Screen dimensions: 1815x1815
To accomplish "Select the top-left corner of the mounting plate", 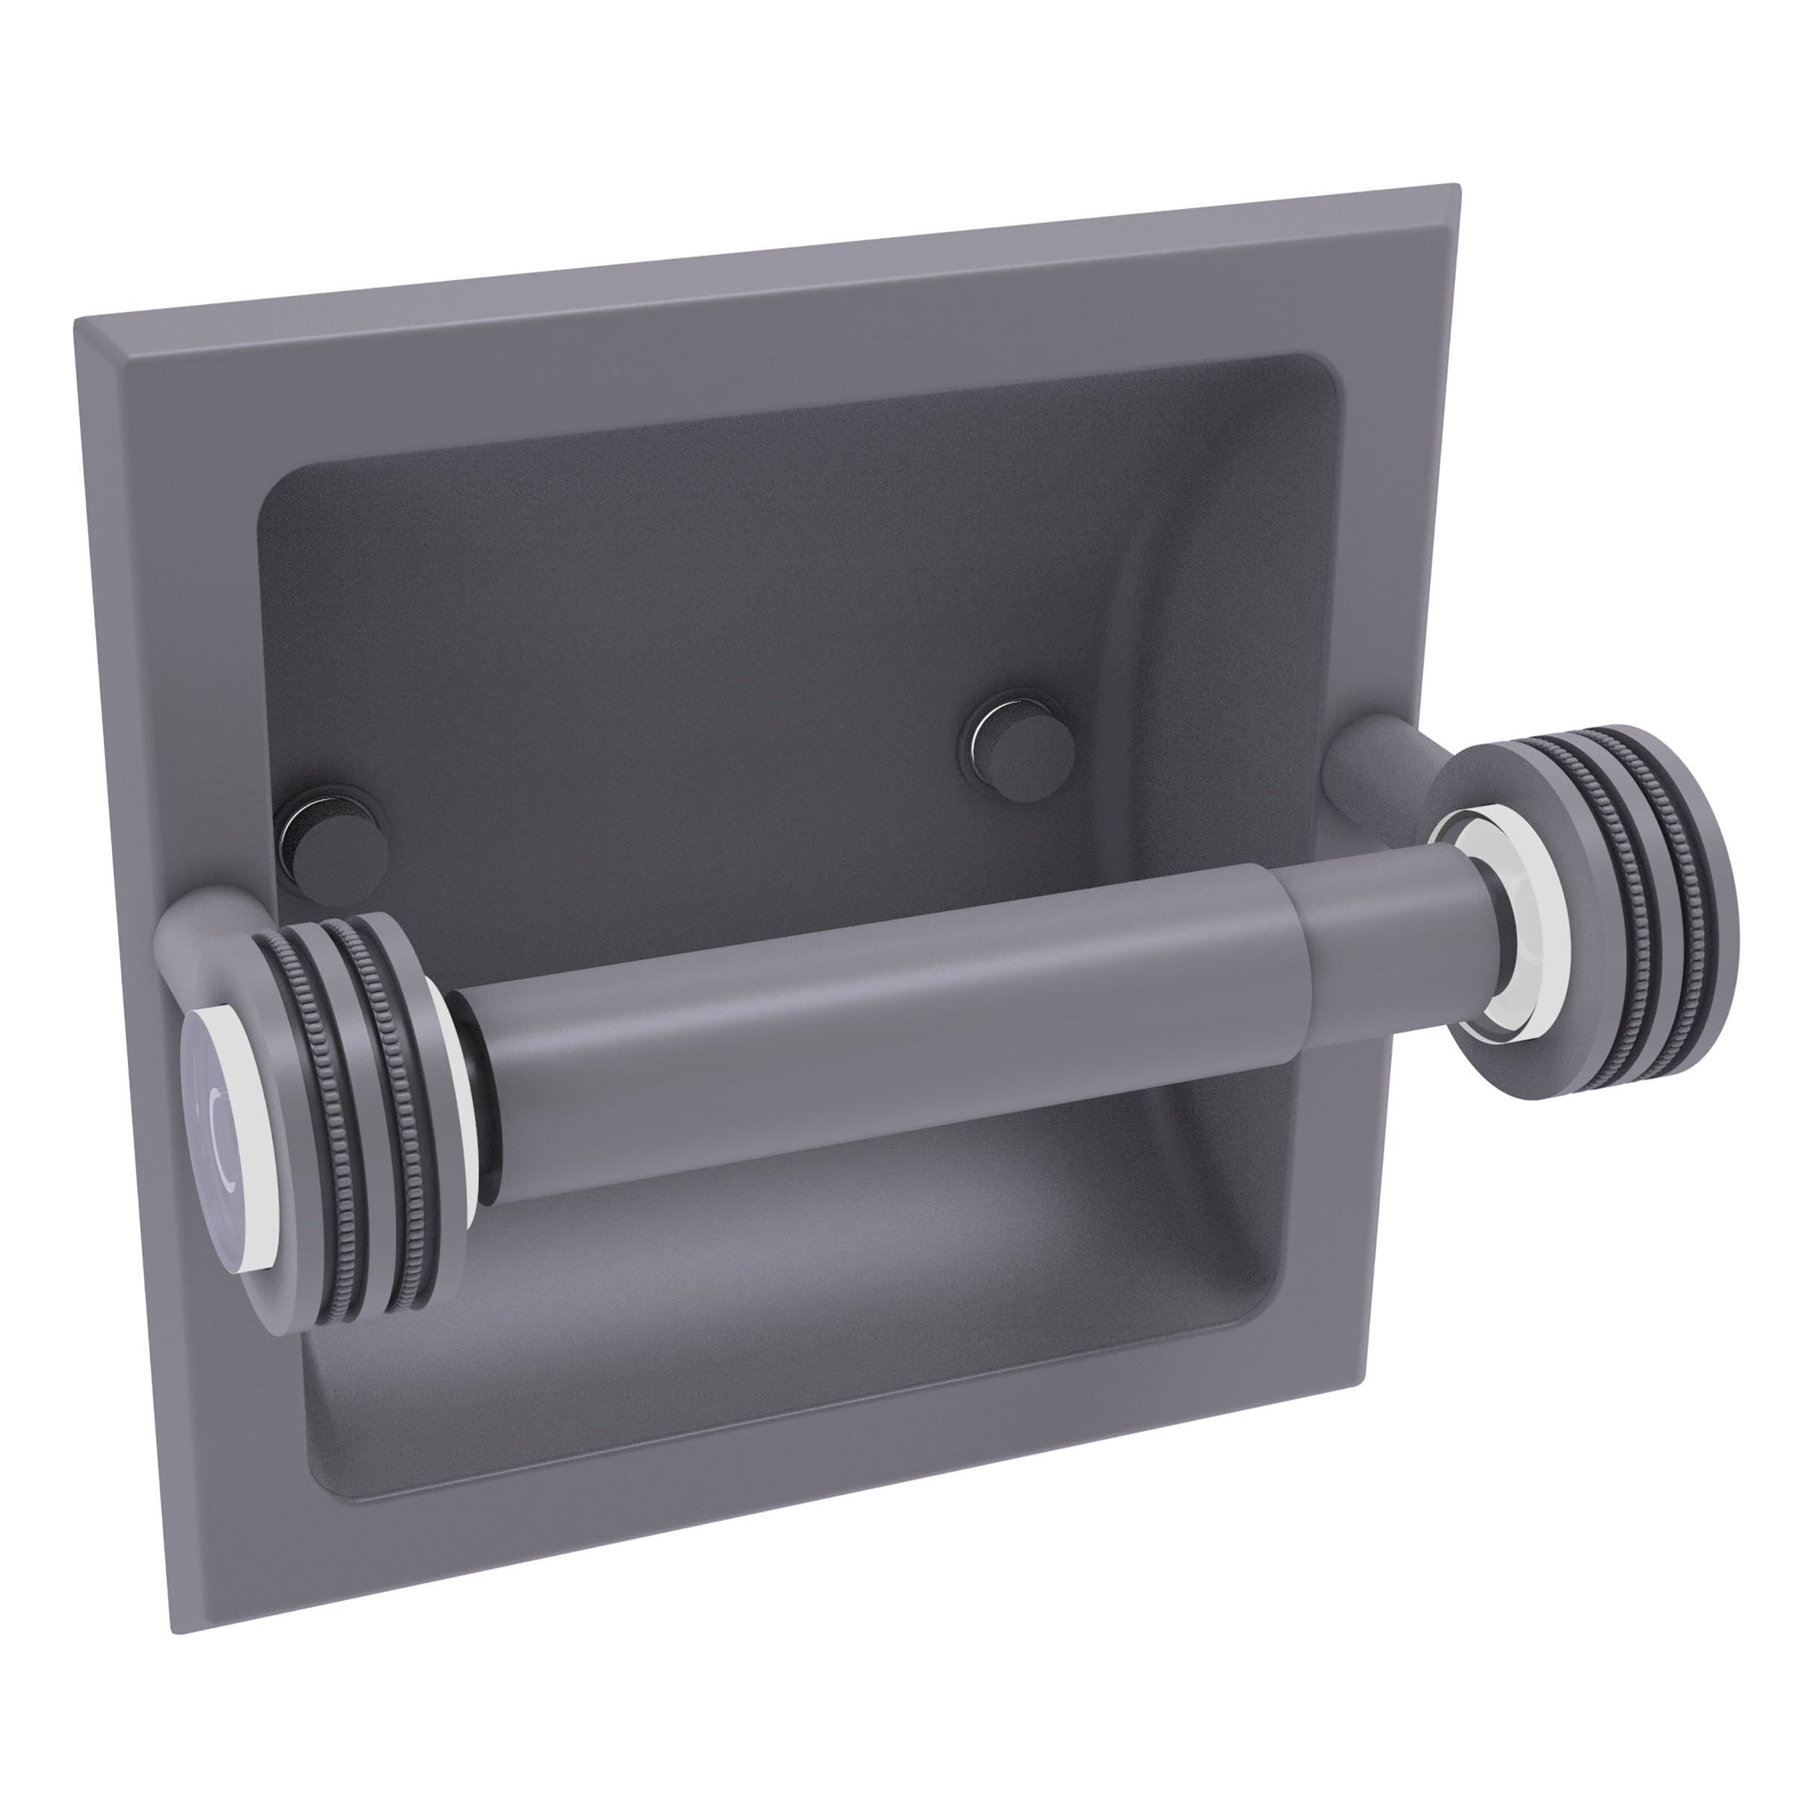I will (81, 324).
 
